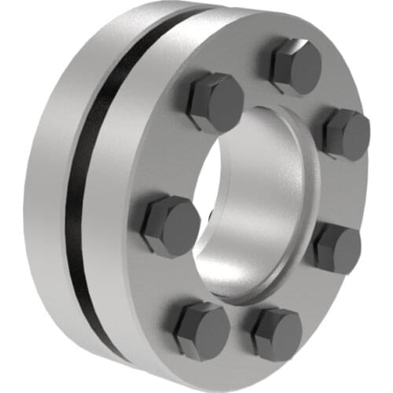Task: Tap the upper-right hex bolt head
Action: tap(345, 134)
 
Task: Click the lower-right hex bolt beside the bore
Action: tap(336, 247)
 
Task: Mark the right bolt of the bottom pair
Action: tap(276, 333)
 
